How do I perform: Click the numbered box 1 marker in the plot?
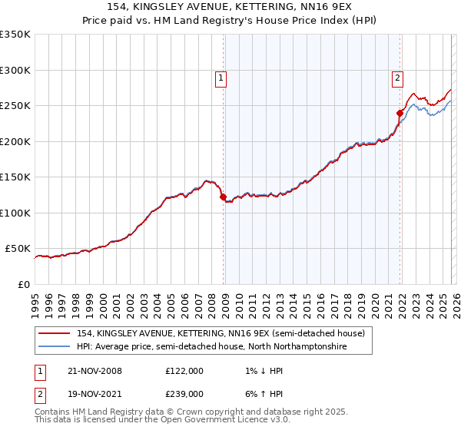pyautogui.click(x=221, y=78)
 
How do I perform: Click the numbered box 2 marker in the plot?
pyautogui.click(x=397, y=78)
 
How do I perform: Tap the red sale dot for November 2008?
pyautogui.click(x=224, y=197)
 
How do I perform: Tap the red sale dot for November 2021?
pyautogui.click(x=400, y=113)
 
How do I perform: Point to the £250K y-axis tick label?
pyautogui.click(x=15, y=106)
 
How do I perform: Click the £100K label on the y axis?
pyautogui.click(x=15, y=213)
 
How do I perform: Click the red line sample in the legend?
pyautogui.click(x=55, y=333)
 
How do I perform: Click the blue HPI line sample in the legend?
pyautogui.click(x=55, y=347)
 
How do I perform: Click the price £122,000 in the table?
pyautogui.click(x=184, y=371)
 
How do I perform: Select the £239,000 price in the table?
pyautogui.click(x=184, y=394)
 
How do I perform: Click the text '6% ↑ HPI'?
pyautogui.click(x=257, y=394)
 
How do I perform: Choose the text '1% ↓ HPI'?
pyautogui.click(x=257, y=371)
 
